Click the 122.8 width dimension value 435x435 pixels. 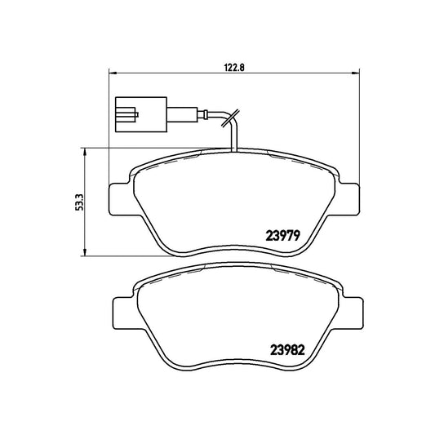(234, 67)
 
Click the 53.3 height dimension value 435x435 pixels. (79, 202)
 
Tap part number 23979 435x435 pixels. (283, 236)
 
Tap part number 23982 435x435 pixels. (287, 350)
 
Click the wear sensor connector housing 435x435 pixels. (141, 114)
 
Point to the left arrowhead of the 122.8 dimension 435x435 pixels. (112, 73)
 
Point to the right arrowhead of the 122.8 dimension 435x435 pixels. (356, 73)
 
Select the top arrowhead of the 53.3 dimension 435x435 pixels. (85, 152)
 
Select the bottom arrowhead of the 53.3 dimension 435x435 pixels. (85, 252)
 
